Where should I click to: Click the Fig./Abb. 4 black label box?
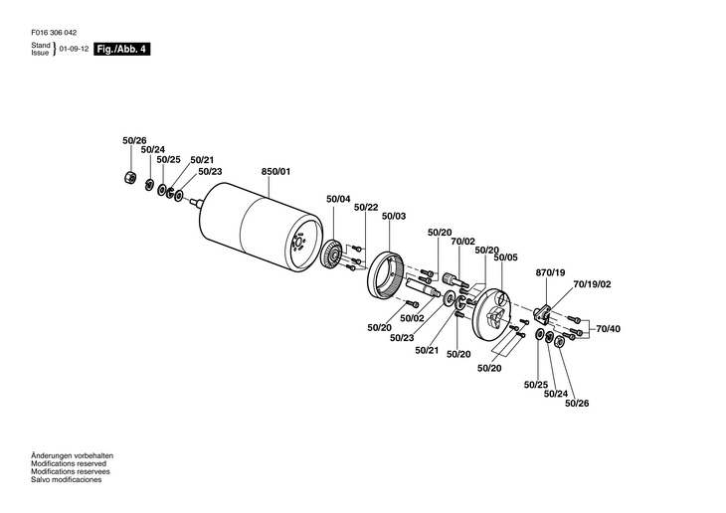click(122, 49)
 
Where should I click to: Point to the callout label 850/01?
click(275, 172)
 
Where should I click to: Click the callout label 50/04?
click(338, 199)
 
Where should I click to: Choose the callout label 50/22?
click(366, 207)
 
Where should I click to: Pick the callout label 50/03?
click(394, 216)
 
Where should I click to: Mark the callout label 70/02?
click(462, 242)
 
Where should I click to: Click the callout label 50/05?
click(506, 257)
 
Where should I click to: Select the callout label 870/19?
click(550, 271)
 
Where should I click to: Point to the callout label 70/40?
click(608, 328)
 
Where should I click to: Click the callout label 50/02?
click(412, 318)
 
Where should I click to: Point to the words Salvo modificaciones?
click(66, 480)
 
